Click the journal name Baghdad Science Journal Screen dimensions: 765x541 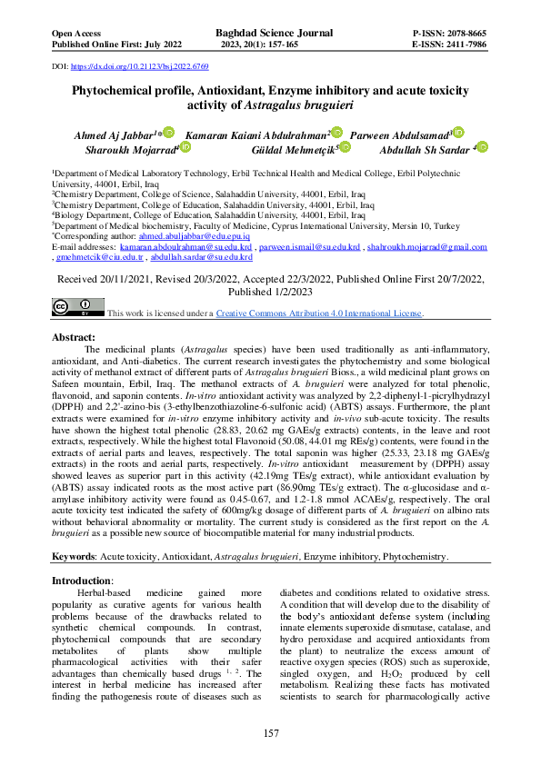(270, 32)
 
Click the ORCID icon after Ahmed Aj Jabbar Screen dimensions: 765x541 (169, 133)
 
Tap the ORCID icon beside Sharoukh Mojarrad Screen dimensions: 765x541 (185, 147)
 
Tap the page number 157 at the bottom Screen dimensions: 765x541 (270, 732)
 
